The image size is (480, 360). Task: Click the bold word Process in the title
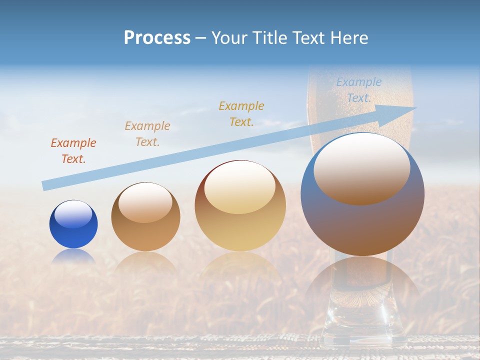(x=157, y=38)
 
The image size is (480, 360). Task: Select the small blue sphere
(x=73, y=224)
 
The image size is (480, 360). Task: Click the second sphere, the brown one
(x=145, y=217)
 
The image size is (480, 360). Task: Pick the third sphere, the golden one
(x=240, y=206)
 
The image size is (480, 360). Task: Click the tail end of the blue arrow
(x=45, y=185)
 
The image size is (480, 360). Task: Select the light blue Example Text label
(x=359, y=90)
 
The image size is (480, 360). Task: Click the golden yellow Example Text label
(x=241, y=113)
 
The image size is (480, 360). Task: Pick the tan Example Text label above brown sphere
(x=147, y=133)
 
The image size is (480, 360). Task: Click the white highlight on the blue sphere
(x=73, y=214)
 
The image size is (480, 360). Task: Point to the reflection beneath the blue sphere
(x=73, y=256)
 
